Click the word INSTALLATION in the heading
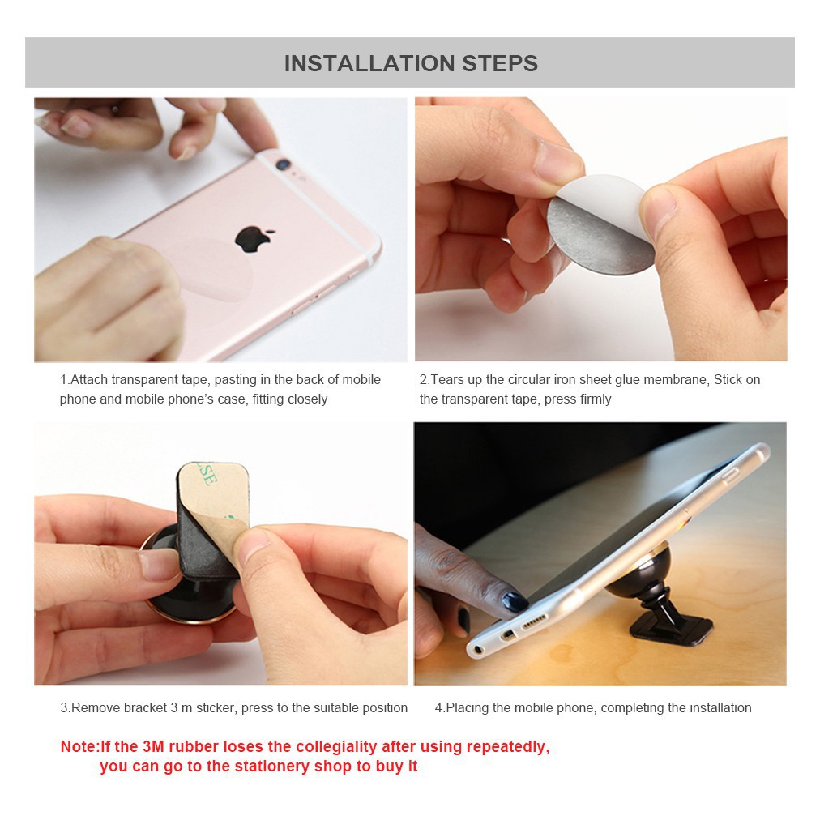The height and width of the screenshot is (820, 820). (x=369, y=63)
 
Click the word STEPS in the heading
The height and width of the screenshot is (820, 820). (x=500, y=63)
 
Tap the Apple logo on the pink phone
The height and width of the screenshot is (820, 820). (x=254, y=239)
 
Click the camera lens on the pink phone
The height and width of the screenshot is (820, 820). (x=283, y=164)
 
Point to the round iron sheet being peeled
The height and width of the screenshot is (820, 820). (x=600, y=225)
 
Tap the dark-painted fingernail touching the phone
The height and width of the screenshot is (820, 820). (x=515, y=601)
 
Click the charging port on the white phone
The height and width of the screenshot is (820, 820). (x=506, y=635)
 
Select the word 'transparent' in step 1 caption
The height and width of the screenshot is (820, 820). (x=143, y=380)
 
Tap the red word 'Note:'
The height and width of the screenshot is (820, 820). (x=80, y=746)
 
